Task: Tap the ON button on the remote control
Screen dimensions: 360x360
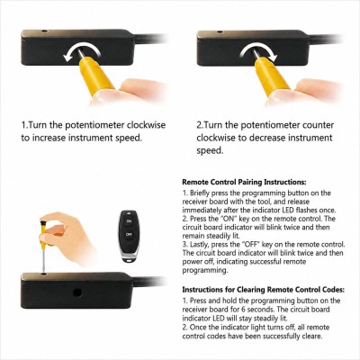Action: coord(129,221)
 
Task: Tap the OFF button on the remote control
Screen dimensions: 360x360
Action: coord(129,234)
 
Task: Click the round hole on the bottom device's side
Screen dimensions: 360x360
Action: coord(77,292)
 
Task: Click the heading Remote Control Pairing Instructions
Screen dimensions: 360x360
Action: coord(245,182)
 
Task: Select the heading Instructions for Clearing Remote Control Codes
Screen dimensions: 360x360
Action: coord(264,290)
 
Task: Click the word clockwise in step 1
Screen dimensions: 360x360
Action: coord(146,125)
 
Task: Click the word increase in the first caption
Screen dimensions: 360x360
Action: coord(49,138)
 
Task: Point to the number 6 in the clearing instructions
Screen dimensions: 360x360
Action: coord(243,310)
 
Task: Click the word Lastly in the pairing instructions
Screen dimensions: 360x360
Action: coord(199,245)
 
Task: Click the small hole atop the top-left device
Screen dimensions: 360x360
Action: coord(45,31)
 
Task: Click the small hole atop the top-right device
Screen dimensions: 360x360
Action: coord(220,31)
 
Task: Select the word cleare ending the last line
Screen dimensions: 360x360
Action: coord(312,336)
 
